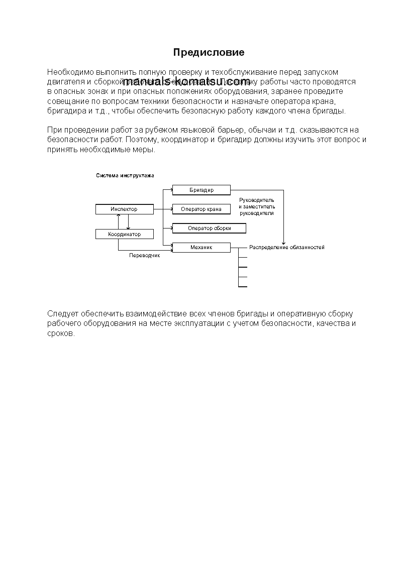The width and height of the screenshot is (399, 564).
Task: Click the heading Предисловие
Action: tap(209, 52)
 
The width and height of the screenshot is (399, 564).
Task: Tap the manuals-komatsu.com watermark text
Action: tap(186, 81)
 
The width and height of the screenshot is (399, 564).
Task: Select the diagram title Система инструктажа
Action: tap(125, 176)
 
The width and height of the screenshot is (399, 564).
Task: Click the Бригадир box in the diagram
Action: tap(201, 190)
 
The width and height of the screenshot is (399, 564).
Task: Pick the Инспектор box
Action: tap(124, 209)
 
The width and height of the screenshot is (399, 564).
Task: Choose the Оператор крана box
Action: tap(201, 209)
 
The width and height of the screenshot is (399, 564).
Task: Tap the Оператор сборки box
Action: tap(209, 228)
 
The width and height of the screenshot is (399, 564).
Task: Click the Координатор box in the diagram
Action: tap(124, 234)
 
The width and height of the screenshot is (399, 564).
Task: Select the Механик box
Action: tap(201, 247)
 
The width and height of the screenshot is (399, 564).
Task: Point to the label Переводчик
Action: tap(144, 256)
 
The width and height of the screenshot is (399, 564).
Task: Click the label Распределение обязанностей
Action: tap(286, 247)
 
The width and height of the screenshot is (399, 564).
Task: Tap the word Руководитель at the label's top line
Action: tap(257, 200)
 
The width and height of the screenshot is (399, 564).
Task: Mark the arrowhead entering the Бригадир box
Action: tap(171, 190)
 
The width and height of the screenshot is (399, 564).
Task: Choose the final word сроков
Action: tap(61, 333)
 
